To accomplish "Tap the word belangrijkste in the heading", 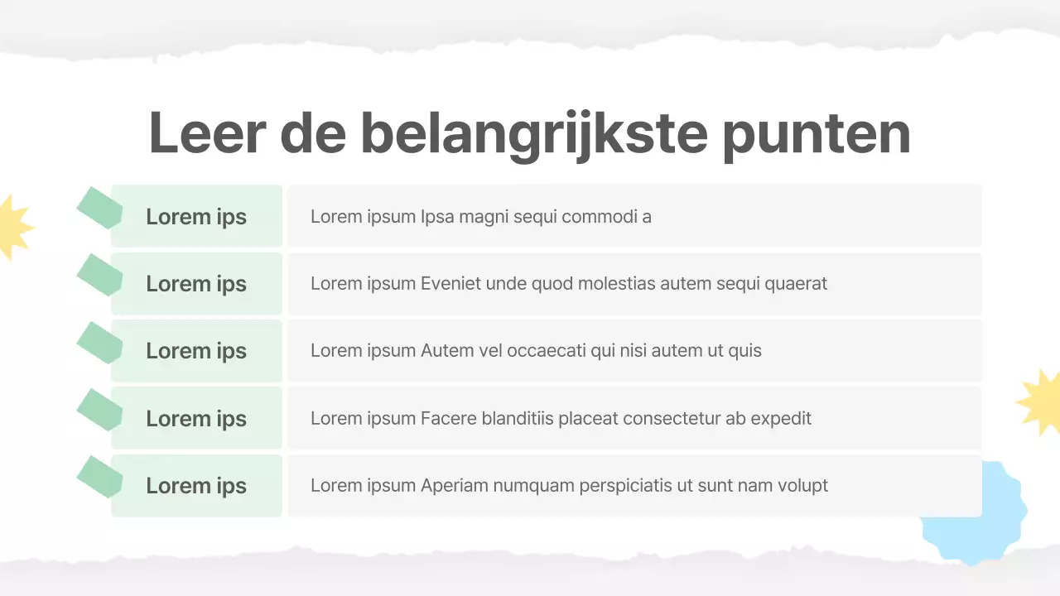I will pyautogui.click(x=533, y=132).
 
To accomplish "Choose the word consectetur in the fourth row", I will pyautogui.click(x=672, y=418).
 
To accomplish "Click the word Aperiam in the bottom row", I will pyautogui.click(x=455, y=486).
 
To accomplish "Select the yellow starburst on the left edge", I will pyautogui.click(x=12, y=228).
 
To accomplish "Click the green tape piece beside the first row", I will pyautogui.click(x=98, y=207).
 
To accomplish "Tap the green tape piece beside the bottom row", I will pyautogui.click(x=98, y=476).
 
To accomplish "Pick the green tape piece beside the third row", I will pyautogui.click(x=98, y=341).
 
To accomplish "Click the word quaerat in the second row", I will pyautogui.click(x=796, y=284).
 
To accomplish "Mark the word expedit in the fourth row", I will pyautogui.click(x=781, y=418).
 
